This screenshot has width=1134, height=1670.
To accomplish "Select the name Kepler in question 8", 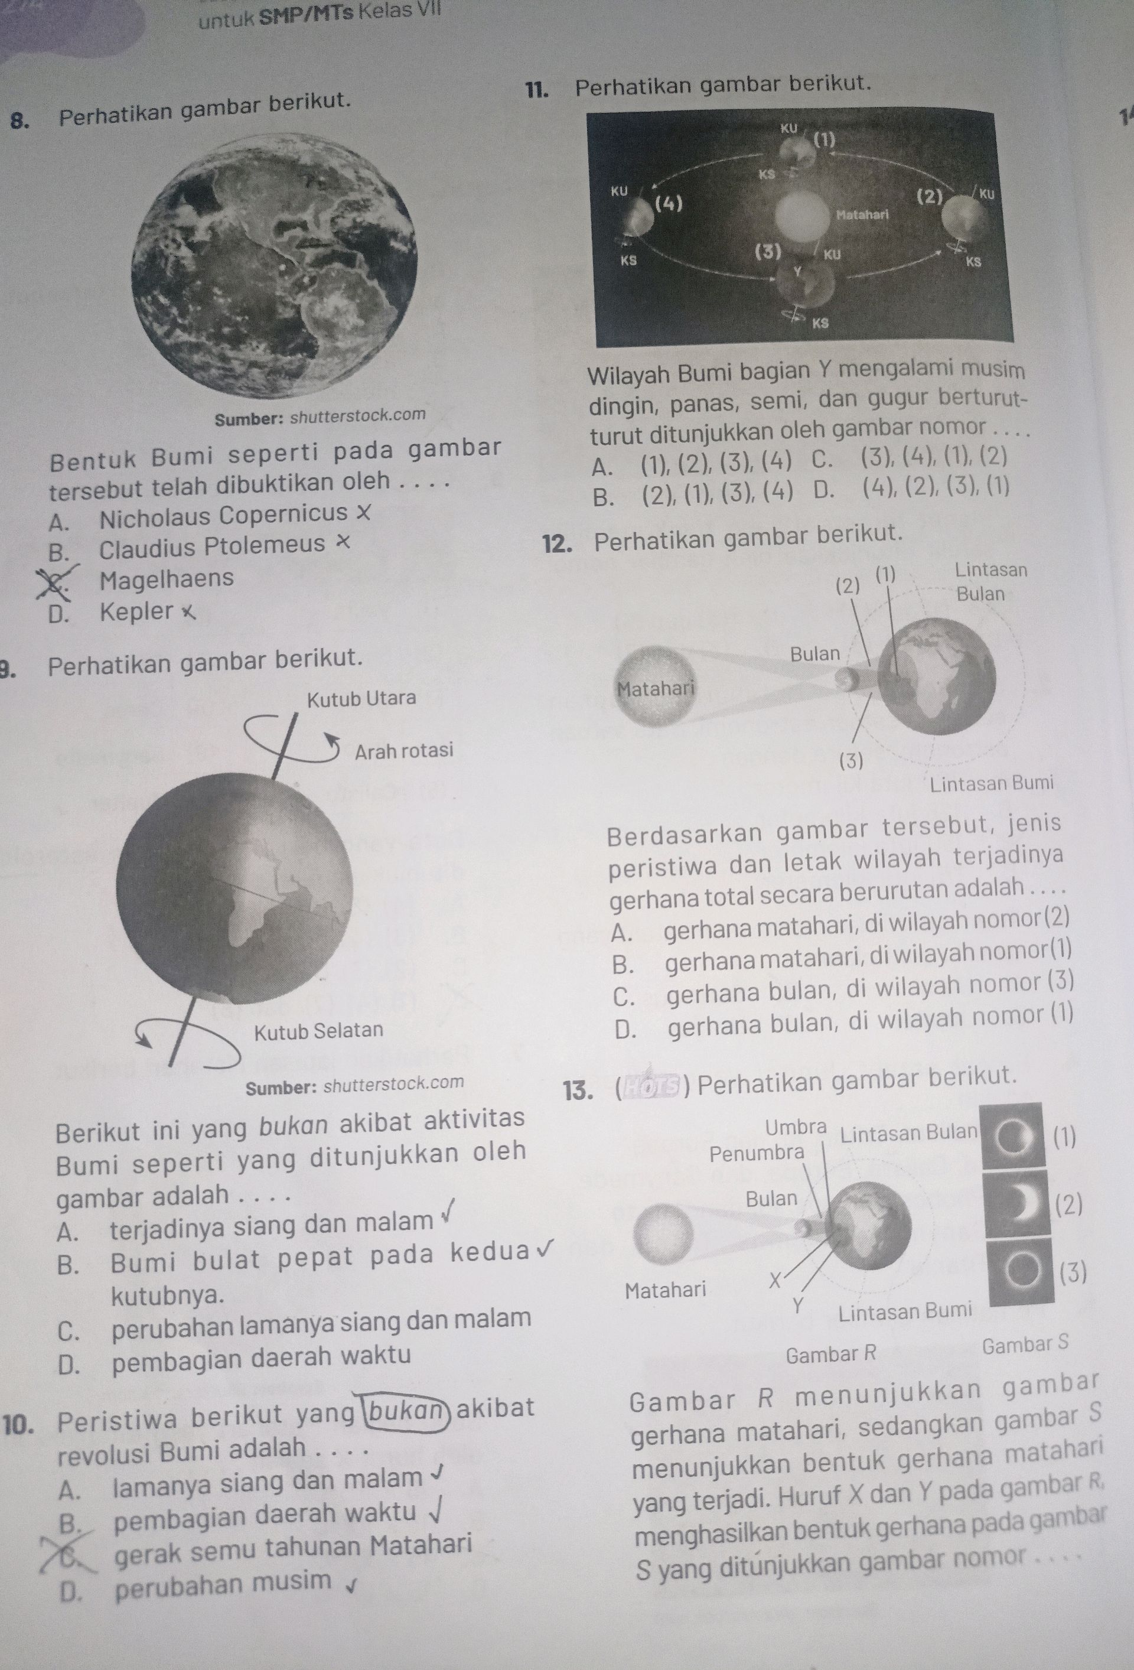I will [136, 611].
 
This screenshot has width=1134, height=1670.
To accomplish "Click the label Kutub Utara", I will [361, 698].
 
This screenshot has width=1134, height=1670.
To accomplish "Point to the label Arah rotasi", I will [404, 750].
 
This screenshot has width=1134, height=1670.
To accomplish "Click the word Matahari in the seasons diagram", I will [862, 214].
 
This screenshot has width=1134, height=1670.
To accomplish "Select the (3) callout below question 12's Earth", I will [851, 761].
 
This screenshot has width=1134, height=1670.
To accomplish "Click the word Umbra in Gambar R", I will [796, 1127].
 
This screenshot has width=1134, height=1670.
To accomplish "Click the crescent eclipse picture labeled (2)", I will [1014, 1209].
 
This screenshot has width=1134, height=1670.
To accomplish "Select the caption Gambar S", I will [1025, 1344].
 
